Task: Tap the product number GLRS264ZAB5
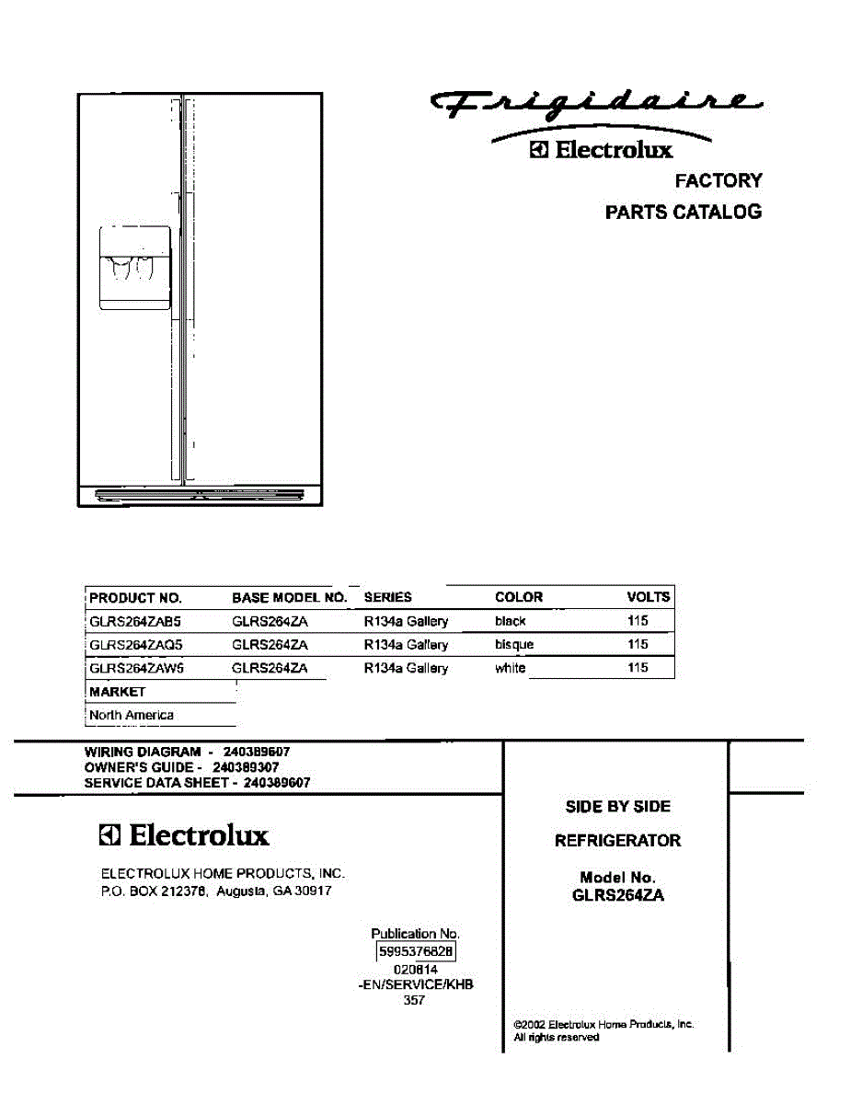pos(135,621)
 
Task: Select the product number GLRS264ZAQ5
pos(135,645)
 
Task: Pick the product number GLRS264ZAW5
pos(136,669)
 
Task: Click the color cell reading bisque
pos(513,645)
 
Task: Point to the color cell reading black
pos(510,621)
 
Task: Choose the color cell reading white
pos(510,669)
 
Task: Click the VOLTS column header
pos(648,597)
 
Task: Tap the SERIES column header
pos(387,597)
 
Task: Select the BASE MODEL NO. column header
pos(289,597)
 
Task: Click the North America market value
pos(132,715)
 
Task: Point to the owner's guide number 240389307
pos(246,766)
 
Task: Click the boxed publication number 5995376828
pos(416,952)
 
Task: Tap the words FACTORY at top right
pos(718,180)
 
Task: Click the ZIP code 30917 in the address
pos(314,891)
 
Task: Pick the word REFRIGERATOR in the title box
pos(617,840)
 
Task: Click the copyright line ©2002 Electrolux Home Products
pos(603,1024)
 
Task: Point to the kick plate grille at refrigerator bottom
pos(199,495)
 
